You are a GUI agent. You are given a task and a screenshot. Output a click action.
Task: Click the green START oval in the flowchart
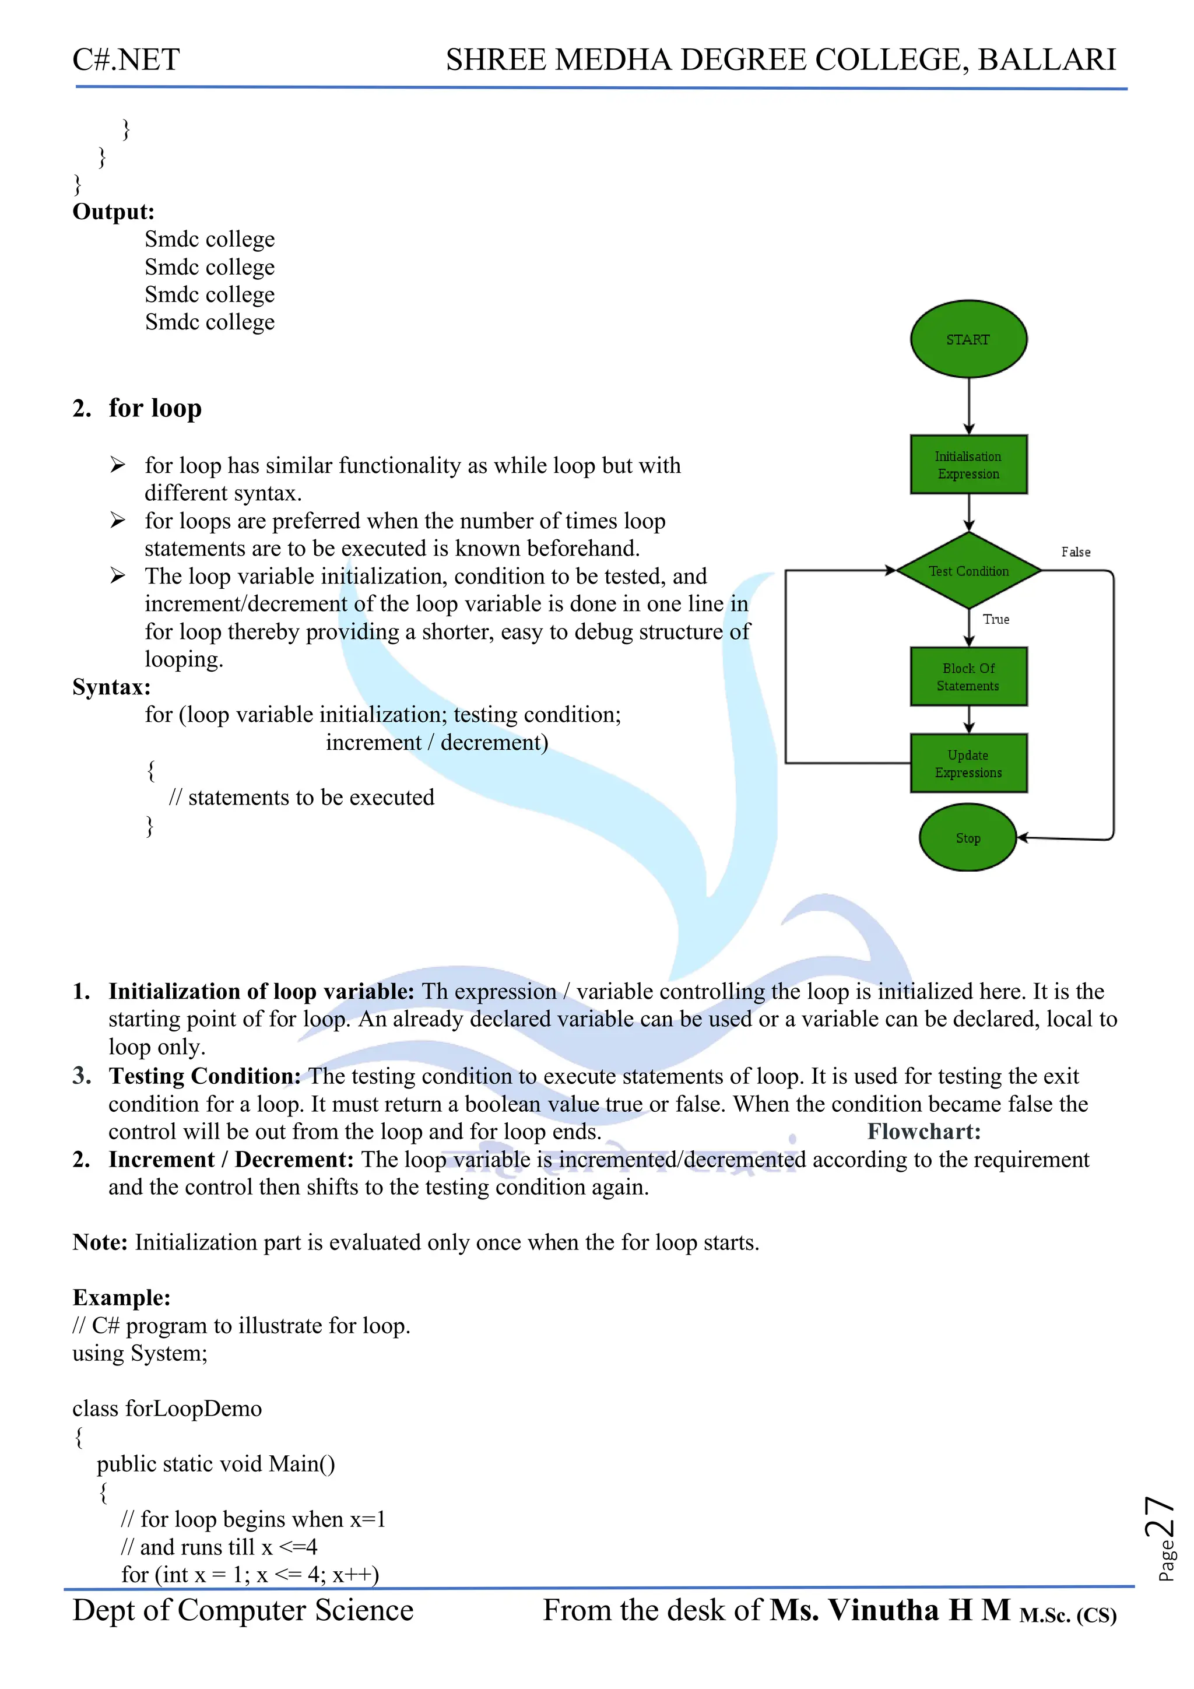968,339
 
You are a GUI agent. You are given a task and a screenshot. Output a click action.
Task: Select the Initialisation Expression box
968,465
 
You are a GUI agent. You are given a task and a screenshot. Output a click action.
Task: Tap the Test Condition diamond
968,571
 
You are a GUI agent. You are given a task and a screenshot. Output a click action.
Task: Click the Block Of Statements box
968,677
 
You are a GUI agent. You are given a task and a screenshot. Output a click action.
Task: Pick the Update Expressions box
968,764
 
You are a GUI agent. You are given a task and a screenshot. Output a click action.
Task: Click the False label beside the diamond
1075,552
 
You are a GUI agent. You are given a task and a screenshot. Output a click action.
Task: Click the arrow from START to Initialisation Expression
969,406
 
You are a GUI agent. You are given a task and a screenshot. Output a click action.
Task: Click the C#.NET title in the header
126,59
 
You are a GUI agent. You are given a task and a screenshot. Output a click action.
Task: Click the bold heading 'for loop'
154,408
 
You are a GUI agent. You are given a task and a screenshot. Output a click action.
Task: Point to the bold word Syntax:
111,687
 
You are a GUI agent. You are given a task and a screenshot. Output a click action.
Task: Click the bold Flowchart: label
923,1132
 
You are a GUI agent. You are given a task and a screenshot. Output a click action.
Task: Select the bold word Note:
100,1242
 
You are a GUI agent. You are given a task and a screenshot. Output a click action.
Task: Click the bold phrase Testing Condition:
205,1076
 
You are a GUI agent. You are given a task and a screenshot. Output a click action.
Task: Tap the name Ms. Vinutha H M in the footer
890,1610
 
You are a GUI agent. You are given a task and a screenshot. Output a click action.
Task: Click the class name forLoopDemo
194,1409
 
